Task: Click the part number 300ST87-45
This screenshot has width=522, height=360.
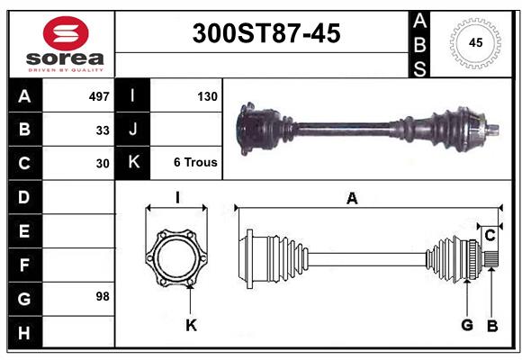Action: coord(266,33)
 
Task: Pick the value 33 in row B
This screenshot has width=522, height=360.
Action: coord(103,130)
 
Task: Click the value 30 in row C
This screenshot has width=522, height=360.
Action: coord(103,163)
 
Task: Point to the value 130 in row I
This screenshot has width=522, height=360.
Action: coord(206,95)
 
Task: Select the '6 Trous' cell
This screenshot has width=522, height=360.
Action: coord(195,163)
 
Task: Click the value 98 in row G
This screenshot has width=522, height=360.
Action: coord(103,296)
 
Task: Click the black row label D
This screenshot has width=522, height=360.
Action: coord(24,197)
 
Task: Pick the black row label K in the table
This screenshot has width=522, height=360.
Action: coord(133,163)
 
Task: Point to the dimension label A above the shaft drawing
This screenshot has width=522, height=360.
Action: coord(352,199)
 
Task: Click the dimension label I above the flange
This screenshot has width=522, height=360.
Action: coord(177,197)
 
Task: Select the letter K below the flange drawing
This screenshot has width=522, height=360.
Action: coord(191,325)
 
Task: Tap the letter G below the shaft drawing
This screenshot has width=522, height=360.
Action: coord(466,325)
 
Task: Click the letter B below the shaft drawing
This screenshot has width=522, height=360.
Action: coord(491,325)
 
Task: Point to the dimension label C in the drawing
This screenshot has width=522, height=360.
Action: coord(490,235)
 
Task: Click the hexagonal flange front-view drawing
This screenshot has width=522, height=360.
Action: coord(177,257)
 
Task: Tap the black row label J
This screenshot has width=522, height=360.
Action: coord(133,130)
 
